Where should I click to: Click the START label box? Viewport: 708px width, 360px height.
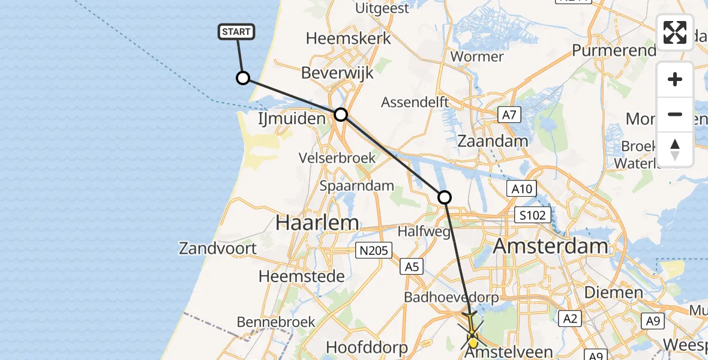click(x=237, y=32)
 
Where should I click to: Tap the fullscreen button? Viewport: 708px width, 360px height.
click(x=675, y=32)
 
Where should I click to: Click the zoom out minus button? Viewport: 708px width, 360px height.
click(x=675, y=114)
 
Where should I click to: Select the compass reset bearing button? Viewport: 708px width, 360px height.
click(x=675, y=149)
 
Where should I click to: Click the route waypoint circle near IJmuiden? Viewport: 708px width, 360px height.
click(x=340, y=114)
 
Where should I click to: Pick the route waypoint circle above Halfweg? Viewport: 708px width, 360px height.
click(x=444, y=197)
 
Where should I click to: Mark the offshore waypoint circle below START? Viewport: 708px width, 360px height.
click(x=243, y=78)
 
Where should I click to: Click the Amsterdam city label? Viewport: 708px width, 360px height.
click(x=550, y=246)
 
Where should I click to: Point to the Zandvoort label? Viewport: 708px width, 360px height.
click(x=218, y=248)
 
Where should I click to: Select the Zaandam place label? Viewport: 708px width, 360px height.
click(x=493, y=142)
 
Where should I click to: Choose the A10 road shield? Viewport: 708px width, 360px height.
click(x=521, y=190)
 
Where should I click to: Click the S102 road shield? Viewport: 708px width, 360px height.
click(x=533, y=215)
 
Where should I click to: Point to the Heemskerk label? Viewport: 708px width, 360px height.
click(x=348, y=38)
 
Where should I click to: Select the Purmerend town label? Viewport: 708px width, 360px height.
click(x=614, y=50)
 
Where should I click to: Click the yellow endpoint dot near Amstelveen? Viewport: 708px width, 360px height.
click(x=473, y=343)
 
